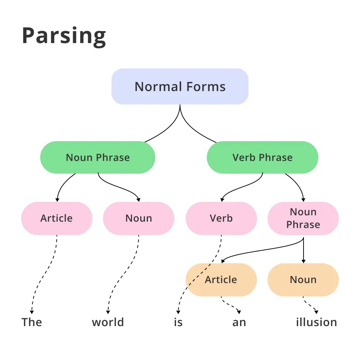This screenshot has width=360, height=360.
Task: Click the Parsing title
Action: point(64,35)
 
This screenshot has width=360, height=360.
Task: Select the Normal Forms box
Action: point(180,86)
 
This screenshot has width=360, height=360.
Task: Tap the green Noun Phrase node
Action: point(98,157)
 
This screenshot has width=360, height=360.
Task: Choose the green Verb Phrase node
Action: point(262,157)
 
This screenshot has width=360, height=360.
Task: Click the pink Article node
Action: point(56,218)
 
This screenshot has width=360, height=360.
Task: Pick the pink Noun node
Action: point(139,218)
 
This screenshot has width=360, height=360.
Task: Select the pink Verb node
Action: point(221,218)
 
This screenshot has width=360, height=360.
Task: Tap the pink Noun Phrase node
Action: point(303,218)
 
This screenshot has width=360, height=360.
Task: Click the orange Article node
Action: point(221,280)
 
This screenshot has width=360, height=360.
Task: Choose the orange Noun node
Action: point(303,280)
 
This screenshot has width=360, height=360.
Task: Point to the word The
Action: point(32,322)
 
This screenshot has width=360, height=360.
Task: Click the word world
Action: point(108,322)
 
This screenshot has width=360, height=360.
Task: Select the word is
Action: point(178,322)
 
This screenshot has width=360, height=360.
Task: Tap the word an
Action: point(239,322)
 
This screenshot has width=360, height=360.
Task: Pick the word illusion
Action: point(316,322)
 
